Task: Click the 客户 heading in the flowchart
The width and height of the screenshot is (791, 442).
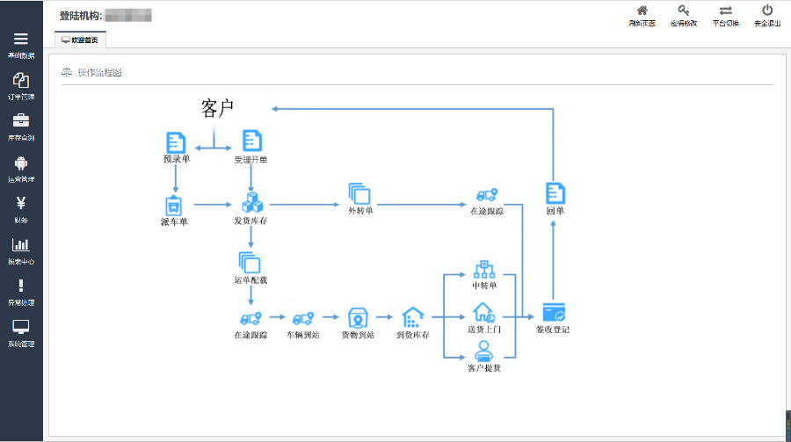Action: (217, 108)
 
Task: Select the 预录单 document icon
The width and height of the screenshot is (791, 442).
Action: (176, 141)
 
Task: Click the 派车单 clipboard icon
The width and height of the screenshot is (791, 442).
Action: (174, 205)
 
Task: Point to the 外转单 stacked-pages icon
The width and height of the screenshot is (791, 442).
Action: (359, 194)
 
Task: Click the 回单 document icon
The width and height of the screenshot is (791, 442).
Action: (555, 193)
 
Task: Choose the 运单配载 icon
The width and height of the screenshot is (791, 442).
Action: (250, 263)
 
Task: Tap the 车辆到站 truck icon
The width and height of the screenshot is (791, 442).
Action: (304, 317)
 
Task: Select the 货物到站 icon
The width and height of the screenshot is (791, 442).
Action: (357, 317)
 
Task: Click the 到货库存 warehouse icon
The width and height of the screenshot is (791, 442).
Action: (412, 316)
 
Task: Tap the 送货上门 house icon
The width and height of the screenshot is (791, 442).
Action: (484, 312)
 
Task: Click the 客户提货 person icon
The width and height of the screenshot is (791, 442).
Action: (483, 351)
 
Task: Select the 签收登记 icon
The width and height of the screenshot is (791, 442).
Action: (553, 312)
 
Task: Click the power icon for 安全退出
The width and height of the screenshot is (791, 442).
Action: (767, 11)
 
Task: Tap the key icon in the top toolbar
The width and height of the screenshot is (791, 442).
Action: (683, 11)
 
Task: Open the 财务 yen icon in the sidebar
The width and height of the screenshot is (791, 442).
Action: (21, 202)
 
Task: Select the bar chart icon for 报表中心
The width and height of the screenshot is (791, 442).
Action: (21, 244)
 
